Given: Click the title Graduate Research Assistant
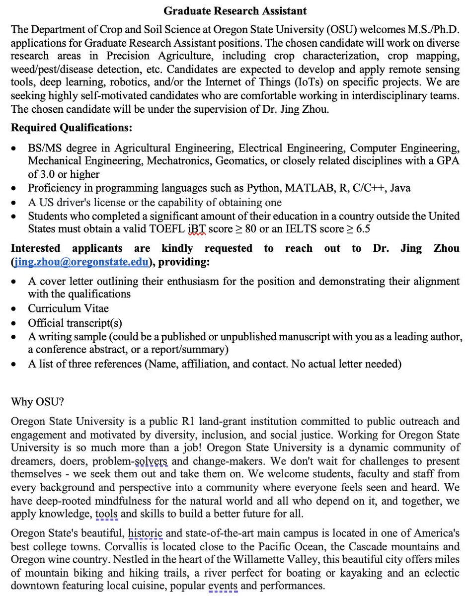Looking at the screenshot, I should tap(235, 10).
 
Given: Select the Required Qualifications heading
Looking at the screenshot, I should tap(72, 128).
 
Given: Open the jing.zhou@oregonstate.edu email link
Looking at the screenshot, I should tap(82, 262).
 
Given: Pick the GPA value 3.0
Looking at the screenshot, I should tap(49, 174).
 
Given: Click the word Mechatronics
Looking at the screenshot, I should tap(186, 161).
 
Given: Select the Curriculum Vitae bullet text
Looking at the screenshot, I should tap(68, 308).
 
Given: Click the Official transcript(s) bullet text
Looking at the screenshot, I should tap(75, 322).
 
